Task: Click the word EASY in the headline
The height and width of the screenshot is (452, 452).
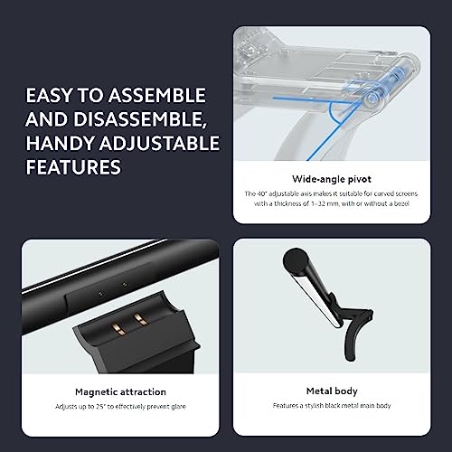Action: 50,96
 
